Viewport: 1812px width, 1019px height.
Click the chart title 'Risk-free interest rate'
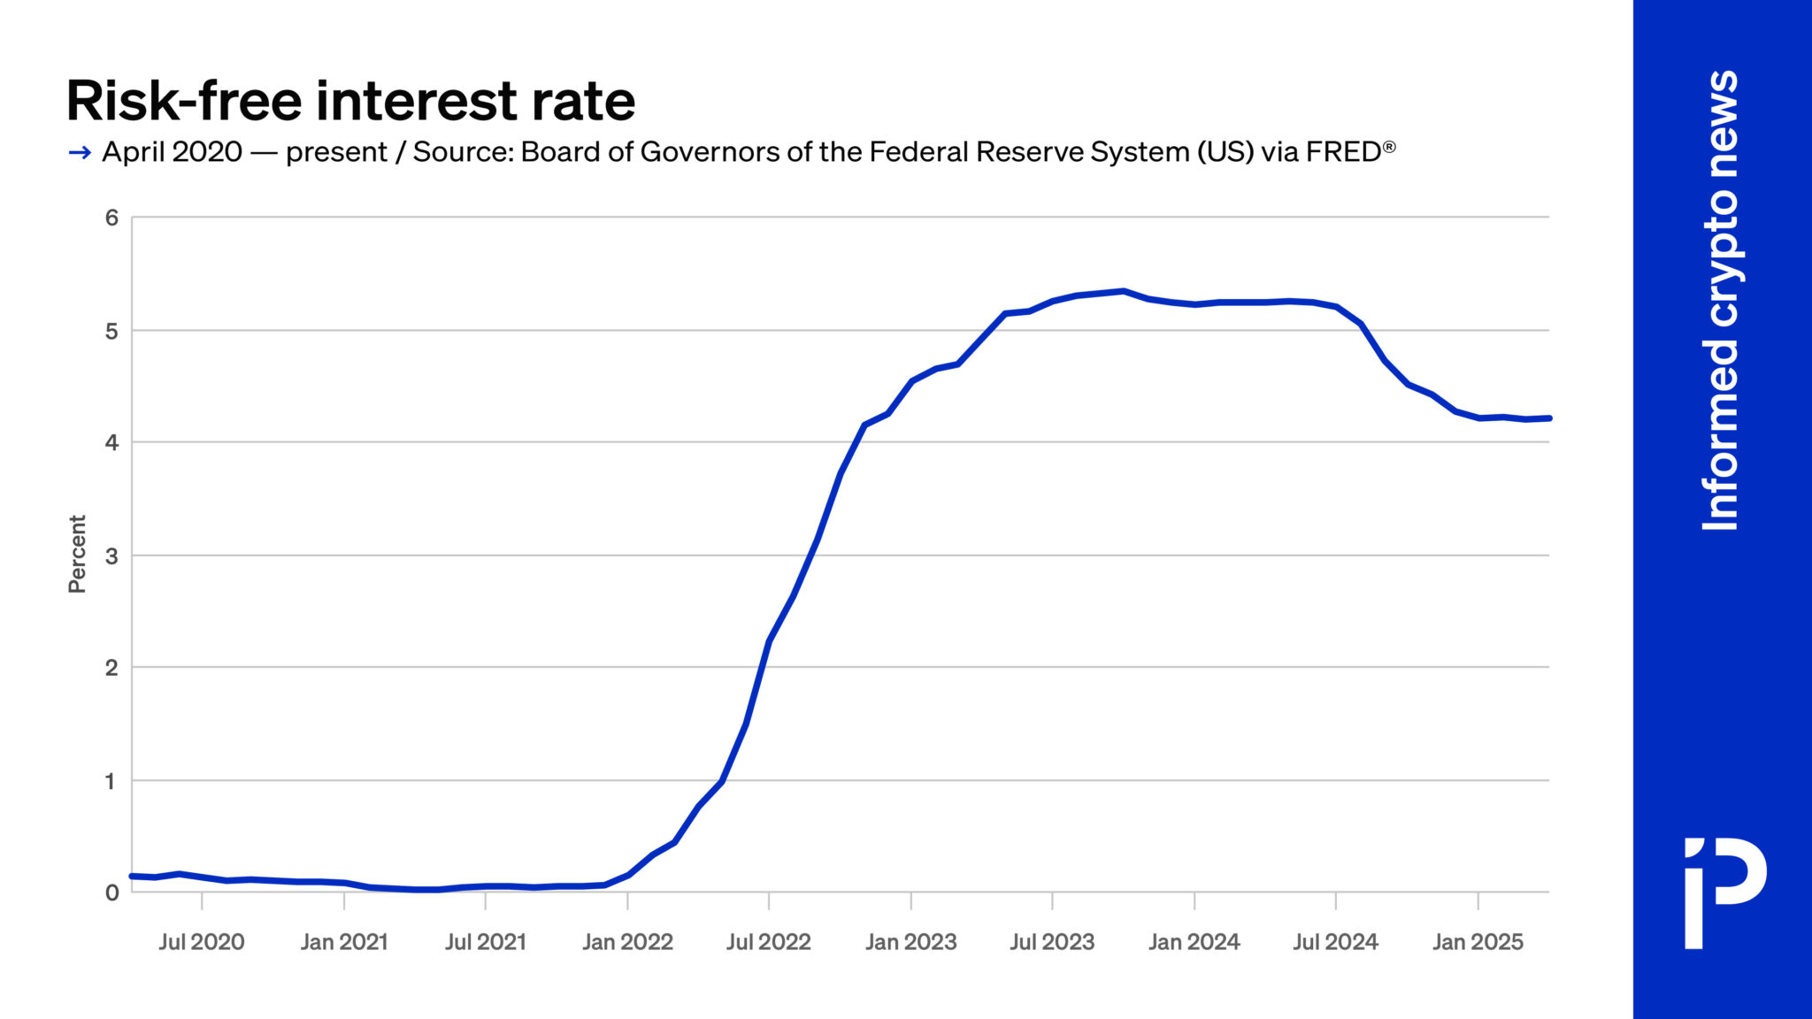[x=350, y=101]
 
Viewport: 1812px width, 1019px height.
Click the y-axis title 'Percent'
[x=78, y=554]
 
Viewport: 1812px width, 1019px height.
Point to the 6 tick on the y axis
[x=111, y=218]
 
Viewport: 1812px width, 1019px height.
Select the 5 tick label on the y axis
[x=111, y=331]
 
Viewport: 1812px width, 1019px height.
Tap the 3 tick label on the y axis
[x=111, y=556]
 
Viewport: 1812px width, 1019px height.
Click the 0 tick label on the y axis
[x=111, y=893]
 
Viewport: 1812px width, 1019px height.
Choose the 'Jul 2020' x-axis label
[x=202, y=942]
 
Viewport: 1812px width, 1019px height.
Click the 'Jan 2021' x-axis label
[x=344, y=942]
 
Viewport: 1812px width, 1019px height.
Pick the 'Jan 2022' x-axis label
[x=627, y=942]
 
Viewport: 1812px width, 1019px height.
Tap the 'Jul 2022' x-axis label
[x=769, y=942]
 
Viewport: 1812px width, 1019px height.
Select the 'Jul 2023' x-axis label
[x=1052, y=942]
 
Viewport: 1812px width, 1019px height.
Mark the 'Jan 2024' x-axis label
[x=1194, y=942]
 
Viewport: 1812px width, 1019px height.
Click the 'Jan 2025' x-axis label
[x=1478, y=942]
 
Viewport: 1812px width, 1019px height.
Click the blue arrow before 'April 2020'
[x=80, y=153]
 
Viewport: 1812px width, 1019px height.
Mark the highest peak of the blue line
[x=1123, y=290]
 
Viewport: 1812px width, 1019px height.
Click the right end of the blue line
[x=1549, y=418]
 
